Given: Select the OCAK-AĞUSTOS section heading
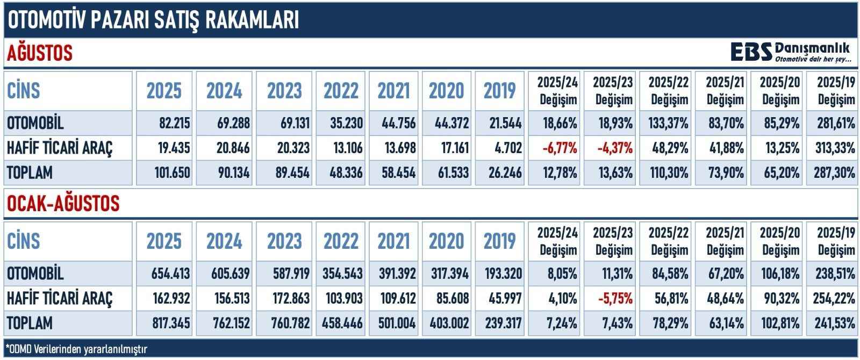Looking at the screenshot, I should point(62,204).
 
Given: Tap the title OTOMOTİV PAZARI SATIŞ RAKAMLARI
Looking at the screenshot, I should point(152,20).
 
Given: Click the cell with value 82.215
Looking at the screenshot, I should point(168,123).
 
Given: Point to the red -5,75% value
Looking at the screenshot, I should point(614,298).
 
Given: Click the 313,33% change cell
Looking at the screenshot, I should point(833,148).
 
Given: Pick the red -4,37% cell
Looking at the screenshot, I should point(614,148).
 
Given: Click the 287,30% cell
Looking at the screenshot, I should point(833,173).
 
